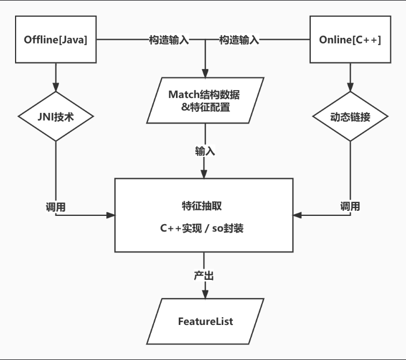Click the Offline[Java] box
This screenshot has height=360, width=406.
(x=56, y=40)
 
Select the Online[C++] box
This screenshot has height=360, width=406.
(x=350, y=40)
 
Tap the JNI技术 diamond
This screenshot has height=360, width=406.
(x=56, y=117)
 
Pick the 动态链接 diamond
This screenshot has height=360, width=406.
(x=350, y=117)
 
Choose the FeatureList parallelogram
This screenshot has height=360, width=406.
(x=205, y=322)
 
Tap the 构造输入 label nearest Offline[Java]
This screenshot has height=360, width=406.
(x=169, y=40)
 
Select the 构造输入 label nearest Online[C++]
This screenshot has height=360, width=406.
(x=239, y=40)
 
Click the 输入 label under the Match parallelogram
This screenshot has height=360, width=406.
(x=205, y=151)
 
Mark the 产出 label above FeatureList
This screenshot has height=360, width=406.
(x=204, y=275)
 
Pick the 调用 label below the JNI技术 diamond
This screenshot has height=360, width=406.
(x=56, y=206)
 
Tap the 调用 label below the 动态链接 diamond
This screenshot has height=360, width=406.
(x=350, y=206)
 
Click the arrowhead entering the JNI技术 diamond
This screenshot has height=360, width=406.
(x=56, y=87)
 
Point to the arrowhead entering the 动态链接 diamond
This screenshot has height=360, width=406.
(x=350, y=87)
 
